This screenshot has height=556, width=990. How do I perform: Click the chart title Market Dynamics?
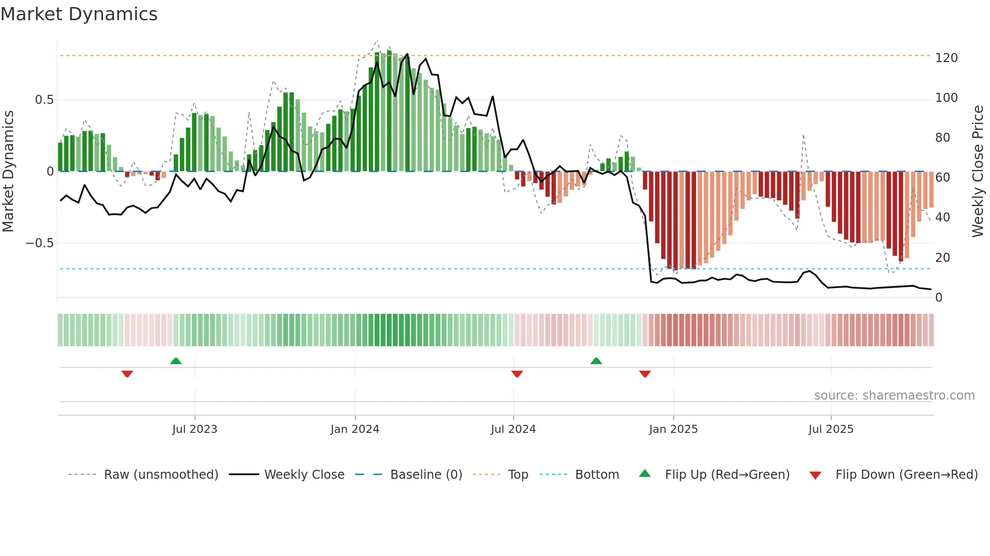[79, 14]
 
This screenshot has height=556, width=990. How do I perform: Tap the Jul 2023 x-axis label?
[194, 429]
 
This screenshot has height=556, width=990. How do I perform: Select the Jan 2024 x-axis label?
[355, 429]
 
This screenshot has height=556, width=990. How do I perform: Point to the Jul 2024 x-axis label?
[513, 429]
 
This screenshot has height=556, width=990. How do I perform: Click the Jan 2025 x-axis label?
[673, 429]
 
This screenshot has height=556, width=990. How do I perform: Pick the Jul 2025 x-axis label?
[831, 429]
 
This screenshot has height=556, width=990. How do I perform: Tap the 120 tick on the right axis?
[946, 58]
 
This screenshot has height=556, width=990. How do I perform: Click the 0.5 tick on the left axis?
[44, 100]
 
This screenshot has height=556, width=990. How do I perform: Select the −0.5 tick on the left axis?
[40, 243]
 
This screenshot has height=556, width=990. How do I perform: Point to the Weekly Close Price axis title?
[978, 172]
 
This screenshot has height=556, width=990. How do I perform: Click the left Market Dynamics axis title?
[8, 172]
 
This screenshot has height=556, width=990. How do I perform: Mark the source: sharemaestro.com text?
[894, 396]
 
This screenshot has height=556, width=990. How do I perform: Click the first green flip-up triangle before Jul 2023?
[176, 361]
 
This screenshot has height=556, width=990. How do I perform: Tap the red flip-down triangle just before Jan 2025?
[645, 374]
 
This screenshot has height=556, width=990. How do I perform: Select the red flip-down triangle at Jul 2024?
[517, 374]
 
